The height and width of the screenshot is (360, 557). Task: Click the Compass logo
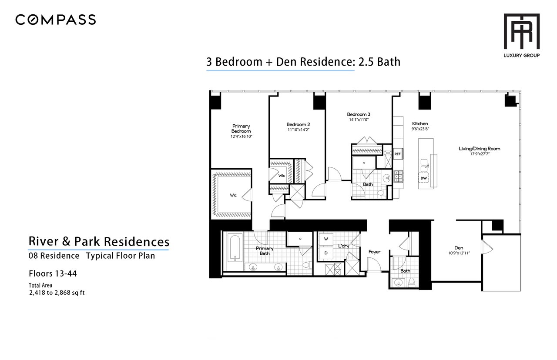[x=55, y=20]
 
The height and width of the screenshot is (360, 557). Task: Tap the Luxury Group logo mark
[x=521, y=31]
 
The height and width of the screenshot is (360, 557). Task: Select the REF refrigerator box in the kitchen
[x=397, y=154]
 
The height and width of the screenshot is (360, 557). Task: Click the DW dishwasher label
[x=423, y=178]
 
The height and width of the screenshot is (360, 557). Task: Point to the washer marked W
[x=326, y=239]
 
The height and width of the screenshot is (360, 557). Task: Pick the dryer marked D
[x=326, y=253]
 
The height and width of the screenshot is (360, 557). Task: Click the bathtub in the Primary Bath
[x=235, y=249]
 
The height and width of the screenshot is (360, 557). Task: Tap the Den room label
[x=459, y=248]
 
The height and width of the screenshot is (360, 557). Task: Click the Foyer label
[x=374, y=252]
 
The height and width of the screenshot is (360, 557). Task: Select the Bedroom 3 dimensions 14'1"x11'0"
[x=359, y=120]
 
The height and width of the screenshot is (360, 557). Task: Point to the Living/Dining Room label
[x=480, y=149]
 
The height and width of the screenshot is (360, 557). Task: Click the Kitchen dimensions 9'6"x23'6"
[x=420, y=129]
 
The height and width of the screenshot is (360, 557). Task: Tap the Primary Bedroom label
[x=241, y=128]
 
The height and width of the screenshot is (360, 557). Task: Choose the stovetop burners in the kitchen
[x=398, y=177]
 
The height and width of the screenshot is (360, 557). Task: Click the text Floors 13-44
[x=53, y=273]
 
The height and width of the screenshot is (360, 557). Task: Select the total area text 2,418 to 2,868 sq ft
[x=57, y=293]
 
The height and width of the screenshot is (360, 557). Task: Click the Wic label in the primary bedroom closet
[x=233, y=195]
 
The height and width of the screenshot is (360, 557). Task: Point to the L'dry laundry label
[x=344, y=246]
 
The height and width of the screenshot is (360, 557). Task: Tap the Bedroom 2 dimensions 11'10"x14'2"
[x=299, y=130]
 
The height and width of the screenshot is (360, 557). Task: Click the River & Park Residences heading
[x=99, y=241]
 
